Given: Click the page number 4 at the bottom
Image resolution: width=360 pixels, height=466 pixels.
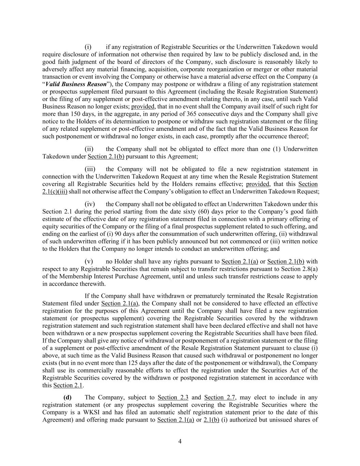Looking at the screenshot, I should click(180, 441).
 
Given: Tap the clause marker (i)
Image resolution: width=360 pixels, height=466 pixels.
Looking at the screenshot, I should click(88, 47).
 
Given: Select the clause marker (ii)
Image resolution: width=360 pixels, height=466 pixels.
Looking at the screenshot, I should click(89, 149).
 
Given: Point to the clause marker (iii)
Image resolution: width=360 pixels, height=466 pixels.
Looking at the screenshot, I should click(90, 169).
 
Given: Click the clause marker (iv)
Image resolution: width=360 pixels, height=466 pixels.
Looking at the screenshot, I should click(90, 204).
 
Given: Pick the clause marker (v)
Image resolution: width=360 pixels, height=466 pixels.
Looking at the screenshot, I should click(89, 262).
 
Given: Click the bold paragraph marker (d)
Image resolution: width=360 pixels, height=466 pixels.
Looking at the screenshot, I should click(68, 397).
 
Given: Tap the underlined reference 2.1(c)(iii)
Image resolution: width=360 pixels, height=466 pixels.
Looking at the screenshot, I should click(55, 192).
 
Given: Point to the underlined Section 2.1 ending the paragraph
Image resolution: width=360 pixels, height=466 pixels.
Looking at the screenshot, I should click(68, 385).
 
